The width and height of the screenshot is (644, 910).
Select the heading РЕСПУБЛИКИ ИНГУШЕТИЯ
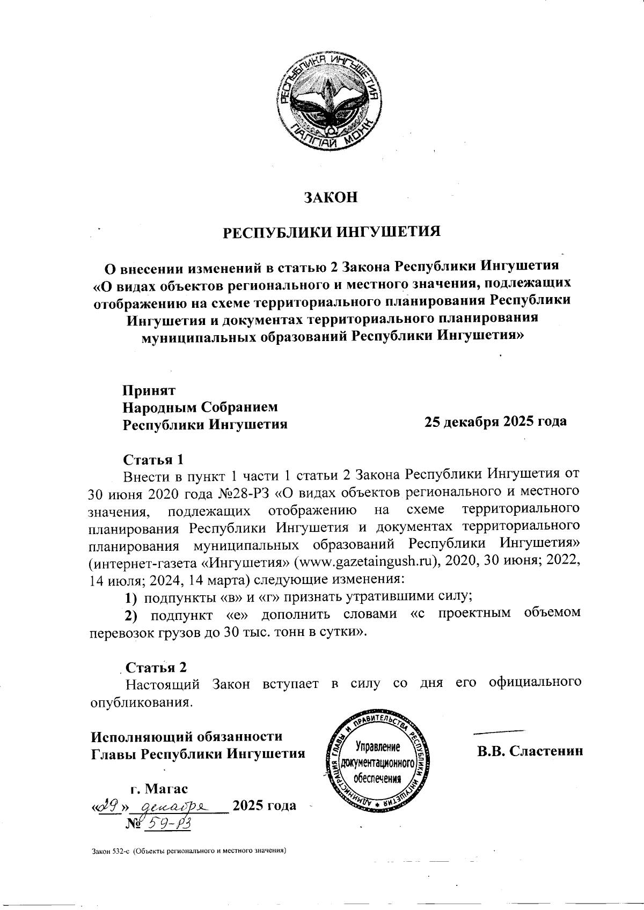[332, 232]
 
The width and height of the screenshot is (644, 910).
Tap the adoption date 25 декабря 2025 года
[495, 421]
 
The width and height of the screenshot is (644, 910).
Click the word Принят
[149, 390]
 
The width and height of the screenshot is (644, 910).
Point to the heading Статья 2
[156, 668]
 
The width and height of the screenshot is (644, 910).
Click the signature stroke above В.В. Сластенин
[499, 731]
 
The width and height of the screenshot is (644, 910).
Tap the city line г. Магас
[159, 789]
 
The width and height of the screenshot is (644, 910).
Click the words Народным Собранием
[200, 407]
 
